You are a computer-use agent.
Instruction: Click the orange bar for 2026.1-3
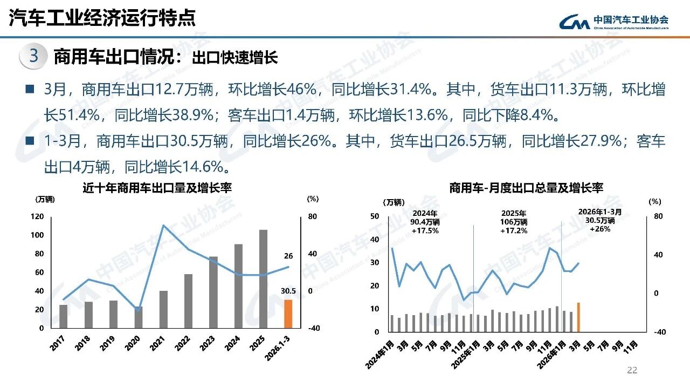click(x=288, y=314)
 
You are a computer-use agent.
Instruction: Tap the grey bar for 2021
click(x=163, y=309)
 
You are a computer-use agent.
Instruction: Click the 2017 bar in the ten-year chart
click(x=64, y=316)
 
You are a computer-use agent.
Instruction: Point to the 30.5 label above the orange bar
click(x=288, y=290)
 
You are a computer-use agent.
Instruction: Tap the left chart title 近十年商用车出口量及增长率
click(x=157, y=188)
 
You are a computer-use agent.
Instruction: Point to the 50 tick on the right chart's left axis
click(x=375, y=216)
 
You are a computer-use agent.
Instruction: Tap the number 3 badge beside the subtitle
click(x=33, y=57)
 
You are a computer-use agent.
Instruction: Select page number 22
click(x=632, y=370)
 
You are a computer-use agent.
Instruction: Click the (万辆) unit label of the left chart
click(x=45, y=199)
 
